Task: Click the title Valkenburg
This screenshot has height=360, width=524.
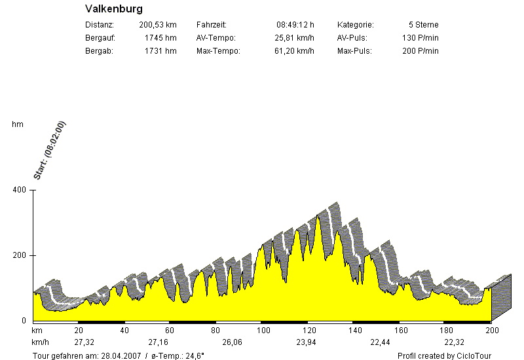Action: coord(114,10)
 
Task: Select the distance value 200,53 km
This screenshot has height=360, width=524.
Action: coord(158,25)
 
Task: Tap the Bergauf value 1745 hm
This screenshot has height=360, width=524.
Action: coord(160,38)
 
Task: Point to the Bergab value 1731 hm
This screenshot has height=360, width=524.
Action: coord(160,51)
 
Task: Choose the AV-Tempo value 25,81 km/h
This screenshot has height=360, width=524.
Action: coord(294,38)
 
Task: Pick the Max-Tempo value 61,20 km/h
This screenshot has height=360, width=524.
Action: coord(294,51)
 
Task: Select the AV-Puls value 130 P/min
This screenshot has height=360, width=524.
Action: coord(420,38)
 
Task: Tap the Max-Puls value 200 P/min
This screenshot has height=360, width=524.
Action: coord(420,51)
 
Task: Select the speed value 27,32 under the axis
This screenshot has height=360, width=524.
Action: coord(84,342)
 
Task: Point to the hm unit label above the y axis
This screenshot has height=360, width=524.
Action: coord(17,124)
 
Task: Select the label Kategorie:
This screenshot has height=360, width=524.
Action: coord(355,25)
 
